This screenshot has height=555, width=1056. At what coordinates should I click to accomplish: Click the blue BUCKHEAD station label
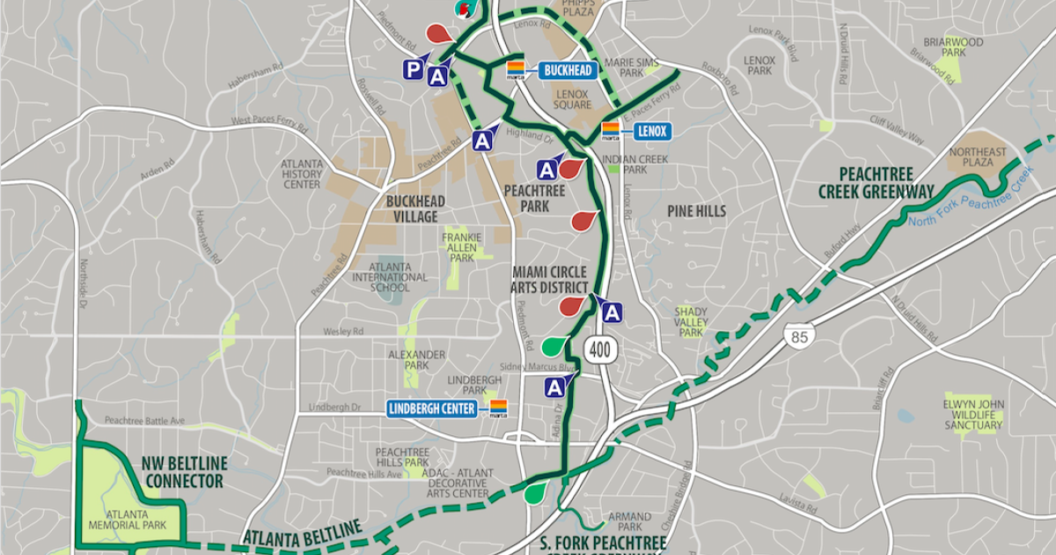[567, 70]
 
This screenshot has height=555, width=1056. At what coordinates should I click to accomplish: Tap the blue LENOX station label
[650, 132]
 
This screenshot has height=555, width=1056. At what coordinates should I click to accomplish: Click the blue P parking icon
[413, 70]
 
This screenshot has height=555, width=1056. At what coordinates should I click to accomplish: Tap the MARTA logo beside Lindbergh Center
[499, 408]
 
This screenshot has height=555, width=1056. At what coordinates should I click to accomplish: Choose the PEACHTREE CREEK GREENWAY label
[863, 182]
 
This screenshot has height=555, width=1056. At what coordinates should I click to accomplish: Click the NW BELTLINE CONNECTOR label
[183, 471]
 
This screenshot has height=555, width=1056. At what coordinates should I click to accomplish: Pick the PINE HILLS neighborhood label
[696, 211]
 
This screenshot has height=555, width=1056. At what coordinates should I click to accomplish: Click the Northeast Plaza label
[978, 158]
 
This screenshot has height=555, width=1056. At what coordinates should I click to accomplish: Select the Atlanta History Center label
[302, 174]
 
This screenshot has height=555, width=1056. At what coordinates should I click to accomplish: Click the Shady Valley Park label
[691, 322]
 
